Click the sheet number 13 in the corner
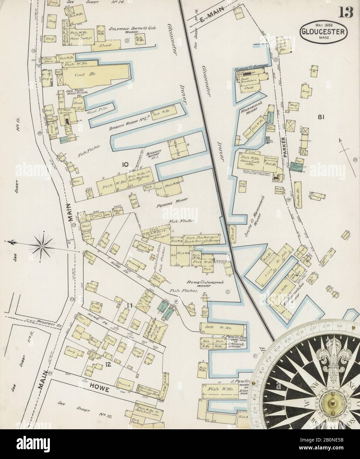(346, 14)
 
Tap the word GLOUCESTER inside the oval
(324, 32)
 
